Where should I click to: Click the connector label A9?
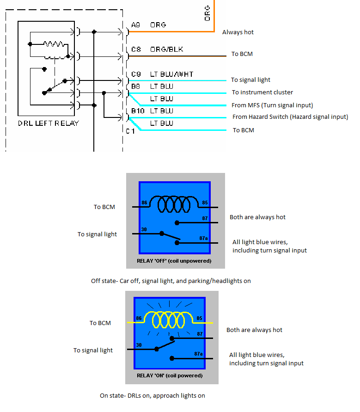coord(136,25)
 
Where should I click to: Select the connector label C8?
coord(136,49)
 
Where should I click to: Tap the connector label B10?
coord(137,111)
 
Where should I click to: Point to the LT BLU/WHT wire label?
coord(171,74)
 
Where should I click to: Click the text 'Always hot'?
coord(238,32)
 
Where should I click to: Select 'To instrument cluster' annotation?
coord(262,92)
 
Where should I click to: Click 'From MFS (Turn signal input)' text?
coord(272,105)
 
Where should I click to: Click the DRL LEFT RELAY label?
coord(49,123)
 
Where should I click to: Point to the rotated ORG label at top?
coord(207,13)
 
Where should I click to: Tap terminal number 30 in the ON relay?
coord(139,345)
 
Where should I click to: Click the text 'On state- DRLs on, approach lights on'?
coord(152,395)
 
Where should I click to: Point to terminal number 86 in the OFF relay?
coord(145,203)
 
